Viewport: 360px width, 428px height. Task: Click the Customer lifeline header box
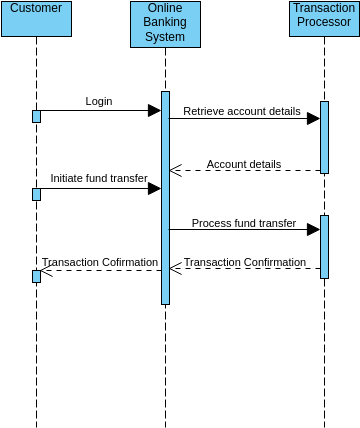pyautogui.click(x=35, y=18)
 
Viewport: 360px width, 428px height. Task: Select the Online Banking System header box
pyautogui.click(x=165, y=24)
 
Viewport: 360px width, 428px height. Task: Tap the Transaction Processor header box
pyautogui.click(x=324, y=18)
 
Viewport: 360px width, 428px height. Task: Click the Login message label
pyautogui.click(x=99, y=101)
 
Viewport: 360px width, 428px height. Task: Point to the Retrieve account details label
pyautogui.click(x=241, y=110)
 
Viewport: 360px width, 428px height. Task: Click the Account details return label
pyautogui.click(x=244, y=164)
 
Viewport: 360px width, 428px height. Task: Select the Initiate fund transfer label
pyautogui.click(x=99, y=178)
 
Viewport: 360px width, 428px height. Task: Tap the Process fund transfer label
pyautogui.click(x=244, y=223)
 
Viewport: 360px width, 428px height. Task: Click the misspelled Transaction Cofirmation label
pyautogui.click(x=100, y=262)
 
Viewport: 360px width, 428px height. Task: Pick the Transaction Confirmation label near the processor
pyautogui.click(x=245, y=262)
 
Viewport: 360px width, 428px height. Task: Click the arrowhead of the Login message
pyautogui.click(x=154, y=110)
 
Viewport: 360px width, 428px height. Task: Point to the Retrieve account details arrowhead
pyautogui.click(x=313, y=118)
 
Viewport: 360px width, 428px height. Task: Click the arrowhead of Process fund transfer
pyautogui.click(x=313, y=229)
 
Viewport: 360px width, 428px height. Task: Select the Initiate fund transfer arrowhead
pyautogui.click(x=154, y=188)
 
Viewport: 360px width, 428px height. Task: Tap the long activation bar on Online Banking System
pyautogui.click(x=165, y=200)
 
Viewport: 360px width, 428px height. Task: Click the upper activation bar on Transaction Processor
pyautogui.click(x=324, y=137)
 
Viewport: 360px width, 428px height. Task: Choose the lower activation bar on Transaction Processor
pyautogui.click(x=324, y=246)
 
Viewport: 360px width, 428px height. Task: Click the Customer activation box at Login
pyautogui.click(x=36, y=116)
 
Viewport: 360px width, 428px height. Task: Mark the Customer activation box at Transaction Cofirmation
pyautogui.click(x=36, y=276)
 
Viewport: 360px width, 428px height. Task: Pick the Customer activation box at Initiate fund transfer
pyautogui.click(x=36, y=194)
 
